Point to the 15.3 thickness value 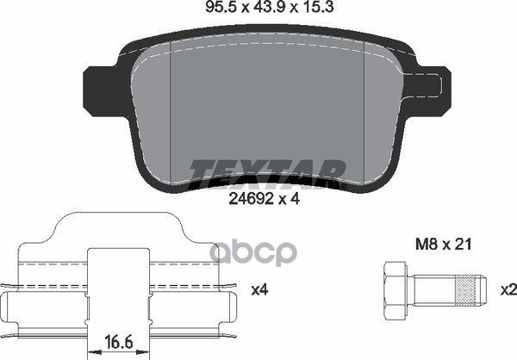[317, 7]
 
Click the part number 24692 [252, 199]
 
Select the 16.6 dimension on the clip [119, 342]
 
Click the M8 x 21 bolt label [444, 245]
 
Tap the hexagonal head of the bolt [395, 292]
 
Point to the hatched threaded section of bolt [466, 289]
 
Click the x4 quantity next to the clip [260, 290]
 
